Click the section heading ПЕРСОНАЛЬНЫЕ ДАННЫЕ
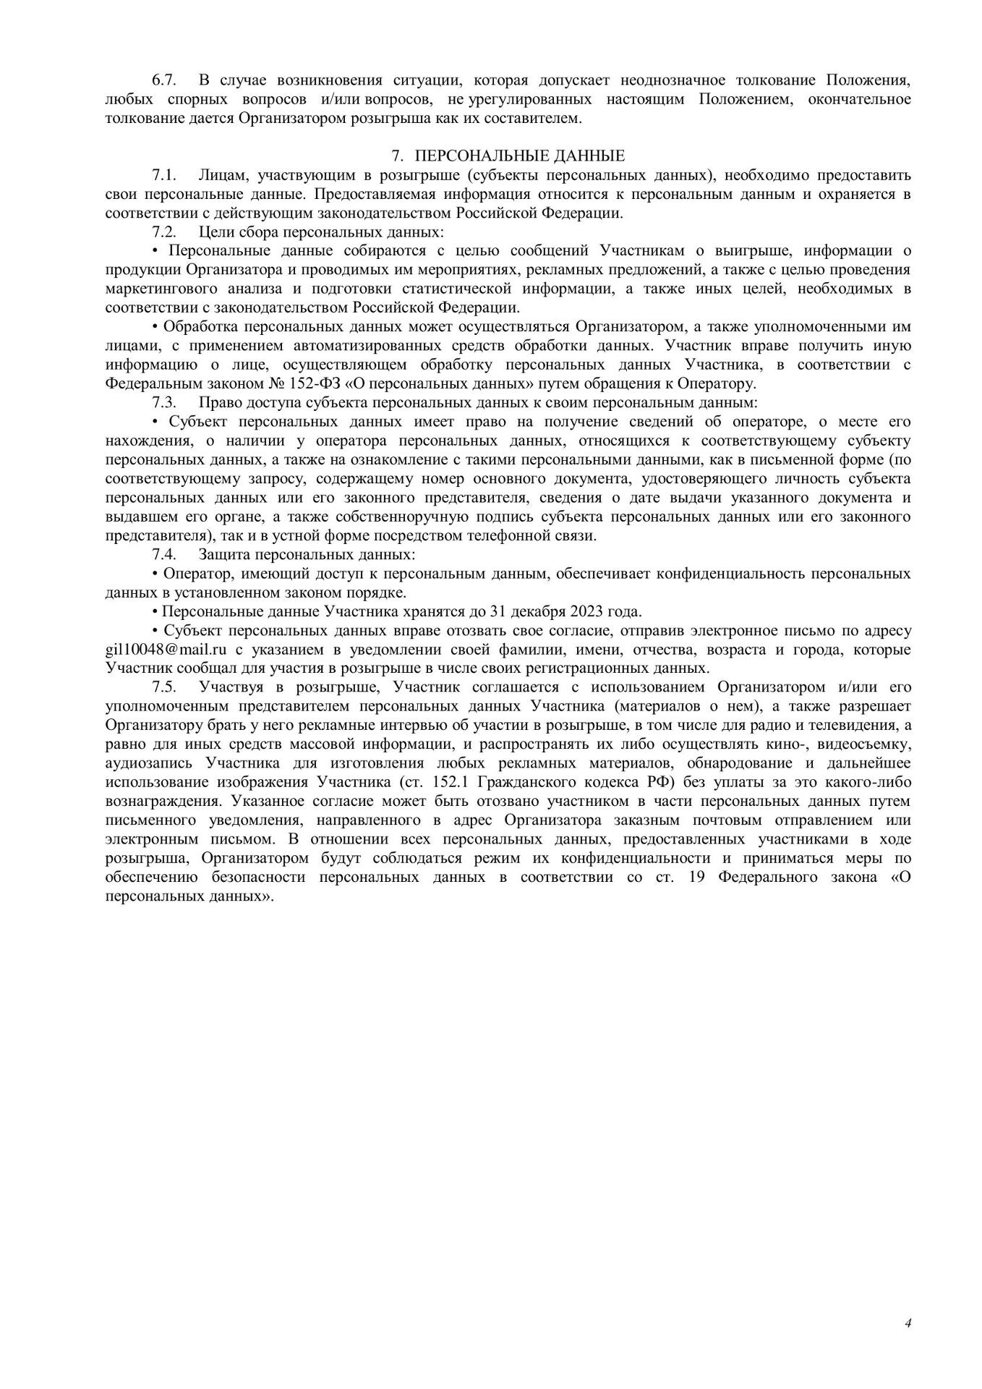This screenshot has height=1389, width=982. (519, 156)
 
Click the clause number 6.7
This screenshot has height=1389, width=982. (164, 80)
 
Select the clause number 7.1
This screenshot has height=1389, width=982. (164, 175)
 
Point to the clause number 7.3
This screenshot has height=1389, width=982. (164, 402)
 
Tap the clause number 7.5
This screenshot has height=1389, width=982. (164, 687)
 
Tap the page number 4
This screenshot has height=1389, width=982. (908, 1324)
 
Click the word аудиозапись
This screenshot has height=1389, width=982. (150, 763)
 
